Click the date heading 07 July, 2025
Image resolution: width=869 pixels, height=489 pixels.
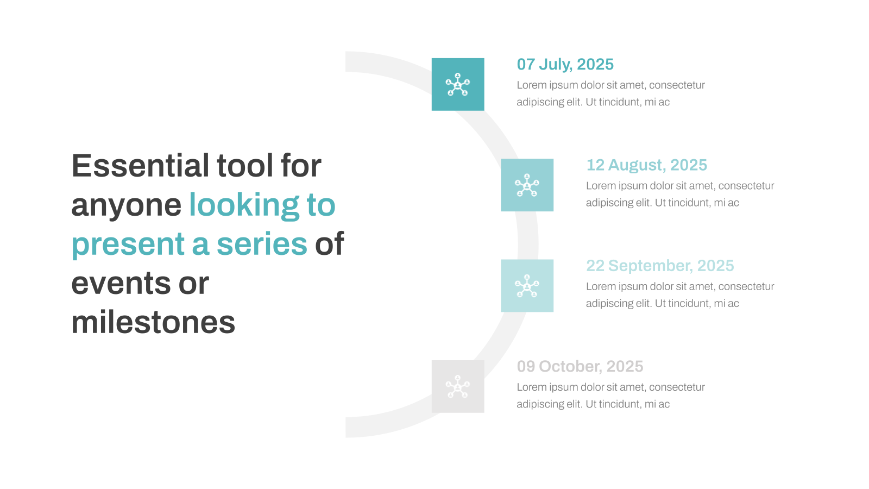(565, 65)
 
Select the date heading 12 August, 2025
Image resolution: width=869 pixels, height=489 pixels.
(646, 165)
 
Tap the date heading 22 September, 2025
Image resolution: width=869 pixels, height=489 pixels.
(660, 266)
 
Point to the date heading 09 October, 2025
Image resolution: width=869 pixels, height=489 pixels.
(580, 366)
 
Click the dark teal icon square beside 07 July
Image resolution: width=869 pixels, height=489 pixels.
(458, 84)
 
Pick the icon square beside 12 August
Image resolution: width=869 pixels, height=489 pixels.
(527, 185)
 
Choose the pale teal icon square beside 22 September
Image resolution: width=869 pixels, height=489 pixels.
(527, 286)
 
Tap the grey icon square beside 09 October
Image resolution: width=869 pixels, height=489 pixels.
(458, 386)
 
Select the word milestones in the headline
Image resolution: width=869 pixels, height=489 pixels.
(153, 323)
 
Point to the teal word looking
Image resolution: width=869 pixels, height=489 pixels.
(244, 206)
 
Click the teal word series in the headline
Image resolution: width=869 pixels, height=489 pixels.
(262, 244)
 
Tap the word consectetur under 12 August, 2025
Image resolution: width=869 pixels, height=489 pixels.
(746, 186)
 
